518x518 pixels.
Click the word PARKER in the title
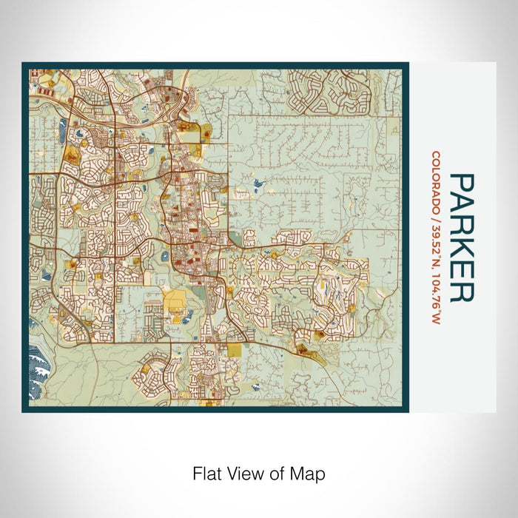click(461, 238)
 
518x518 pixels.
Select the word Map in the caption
click(310, 473)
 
